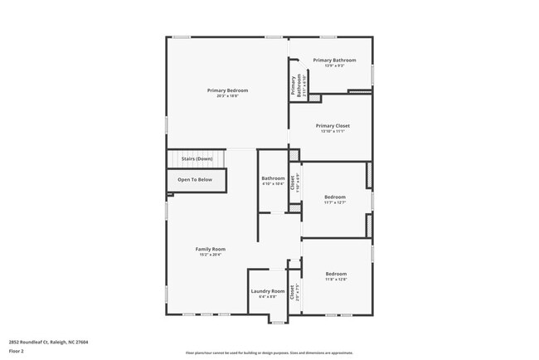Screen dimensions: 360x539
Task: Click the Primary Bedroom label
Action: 227,90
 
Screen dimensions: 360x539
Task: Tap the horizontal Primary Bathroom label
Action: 334,60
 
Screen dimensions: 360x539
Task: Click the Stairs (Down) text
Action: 197,158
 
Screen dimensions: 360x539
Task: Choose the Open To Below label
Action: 195,179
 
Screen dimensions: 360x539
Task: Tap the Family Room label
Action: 211,249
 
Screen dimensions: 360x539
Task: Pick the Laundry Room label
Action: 268,290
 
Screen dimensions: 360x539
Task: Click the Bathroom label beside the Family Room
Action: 273,178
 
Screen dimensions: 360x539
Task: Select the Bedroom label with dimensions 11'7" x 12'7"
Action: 336,197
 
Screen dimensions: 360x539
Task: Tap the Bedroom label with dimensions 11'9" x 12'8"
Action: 336,274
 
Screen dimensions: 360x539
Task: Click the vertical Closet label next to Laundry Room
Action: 292,291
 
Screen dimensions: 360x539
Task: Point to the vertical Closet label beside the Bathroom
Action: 293,182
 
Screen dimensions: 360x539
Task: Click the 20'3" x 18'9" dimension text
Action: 227,96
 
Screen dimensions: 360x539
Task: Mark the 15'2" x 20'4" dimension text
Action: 211,255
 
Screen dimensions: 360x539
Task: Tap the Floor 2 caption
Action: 17,351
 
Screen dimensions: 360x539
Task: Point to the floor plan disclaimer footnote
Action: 269,352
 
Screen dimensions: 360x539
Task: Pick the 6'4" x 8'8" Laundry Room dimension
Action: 268,296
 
